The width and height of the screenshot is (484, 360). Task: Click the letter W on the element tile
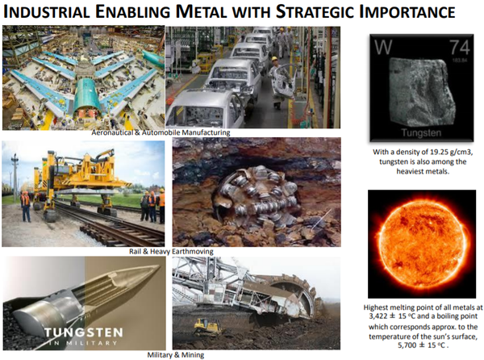[x=383, y=47]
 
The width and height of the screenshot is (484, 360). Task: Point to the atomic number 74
[x=459, y=48]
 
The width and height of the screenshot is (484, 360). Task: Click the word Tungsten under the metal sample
[x=421, y=132]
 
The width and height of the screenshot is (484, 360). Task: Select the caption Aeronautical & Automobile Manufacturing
[x=161, y=132]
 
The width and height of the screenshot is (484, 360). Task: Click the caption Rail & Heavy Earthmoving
[x=171, y=251]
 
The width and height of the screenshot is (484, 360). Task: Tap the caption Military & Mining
[x=176, y=354]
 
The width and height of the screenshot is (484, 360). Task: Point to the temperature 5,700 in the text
[x=407, y=345]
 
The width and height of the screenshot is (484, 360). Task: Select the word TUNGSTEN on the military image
[x=83, y=333]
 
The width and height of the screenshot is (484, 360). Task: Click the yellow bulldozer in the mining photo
[x=207, y=327]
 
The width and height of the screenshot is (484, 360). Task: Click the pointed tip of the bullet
[x=158, y=266]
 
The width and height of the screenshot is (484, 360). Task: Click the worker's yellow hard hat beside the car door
[x=274, y=59]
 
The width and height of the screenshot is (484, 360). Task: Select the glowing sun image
[x=422, y=244]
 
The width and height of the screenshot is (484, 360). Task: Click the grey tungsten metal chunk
[x=421, y=93]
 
